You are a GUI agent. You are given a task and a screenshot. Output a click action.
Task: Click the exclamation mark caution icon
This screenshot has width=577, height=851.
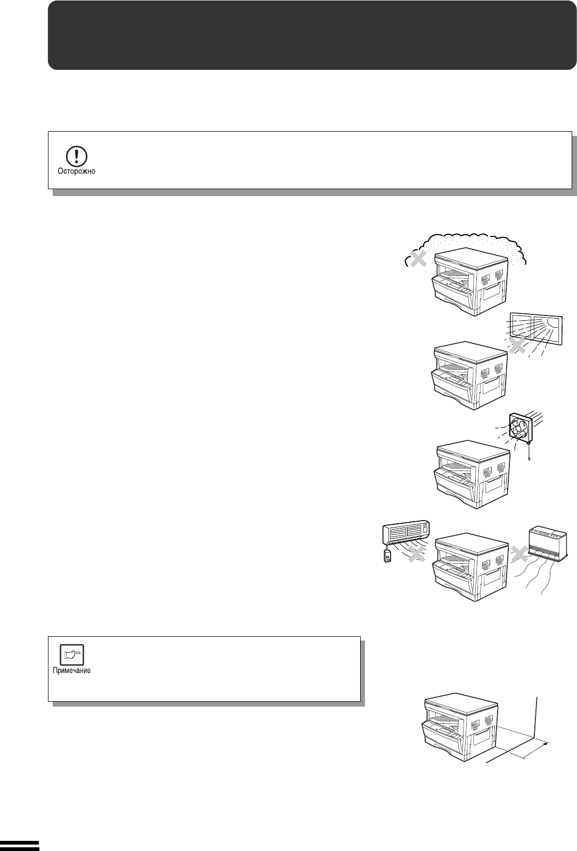(76, 156)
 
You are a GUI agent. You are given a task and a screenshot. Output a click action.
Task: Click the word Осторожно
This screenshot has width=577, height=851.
(76, 172)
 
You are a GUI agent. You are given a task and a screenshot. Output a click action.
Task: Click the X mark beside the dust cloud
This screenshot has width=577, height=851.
(418, 260)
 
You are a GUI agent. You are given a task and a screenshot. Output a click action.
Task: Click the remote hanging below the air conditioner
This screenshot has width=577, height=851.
(388, 556)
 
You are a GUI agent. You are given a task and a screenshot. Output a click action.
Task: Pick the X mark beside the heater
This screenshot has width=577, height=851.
(520, 554)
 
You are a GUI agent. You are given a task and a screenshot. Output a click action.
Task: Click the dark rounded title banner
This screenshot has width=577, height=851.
(312, 35)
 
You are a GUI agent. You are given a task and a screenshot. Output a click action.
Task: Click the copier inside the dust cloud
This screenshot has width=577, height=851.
(470, 283)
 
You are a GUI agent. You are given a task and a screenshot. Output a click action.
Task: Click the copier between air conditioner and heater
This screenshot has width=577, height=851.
(470, 568)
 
